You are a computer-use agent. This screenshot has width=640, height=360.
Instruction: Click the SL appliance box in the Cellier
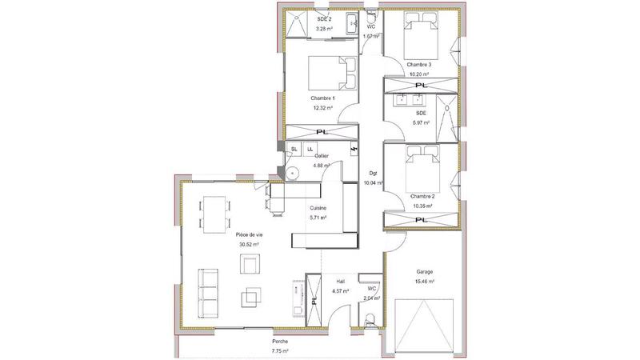point(294,149)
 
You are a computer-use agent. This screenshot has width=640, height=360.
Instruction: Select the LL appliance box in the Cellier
point(309,149)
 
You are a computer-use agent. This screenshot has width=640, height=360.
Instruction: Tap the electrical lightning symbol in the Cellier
point(354,149)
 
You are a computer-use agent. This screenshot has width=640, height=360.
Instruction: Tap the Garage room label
point(424,272)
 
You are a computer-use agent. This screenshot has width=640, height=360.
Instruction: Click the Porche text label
point(279,342)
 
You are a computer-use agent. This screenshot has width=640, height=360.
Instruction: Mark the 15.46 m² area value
point(424,282)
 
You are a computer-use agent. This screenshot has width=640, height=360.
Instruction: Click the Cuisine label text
point(318,208)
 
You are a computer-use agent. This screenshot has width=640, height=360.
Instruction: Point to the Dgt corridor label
point(373,173)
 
